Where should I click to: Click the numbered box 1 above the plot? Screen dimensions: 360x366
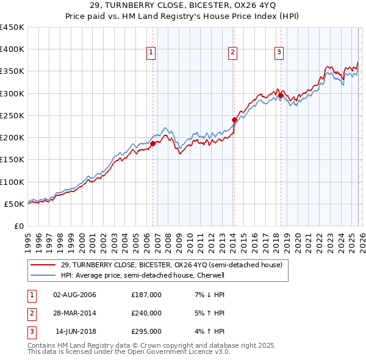click(x=151, y=53)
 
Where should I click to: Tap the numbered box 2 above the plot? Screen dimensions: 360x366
click(x=233, y=53)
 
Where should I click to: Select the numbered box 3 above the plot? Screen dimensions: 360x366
click(x=279, y=53)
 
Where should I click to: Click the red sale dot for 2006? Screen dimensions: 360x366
click(x=152, y=143)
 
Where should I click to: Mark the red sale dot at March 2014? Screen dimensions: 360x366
click(x=234, y=120)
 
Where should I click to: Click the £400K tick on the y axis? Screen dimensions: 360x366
click(x=12, y=49)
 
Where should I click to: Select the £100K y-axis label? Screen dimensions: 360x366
click(x=12, y=182)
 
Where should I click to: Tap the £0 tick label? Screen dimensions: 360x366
click(x=19, y=226)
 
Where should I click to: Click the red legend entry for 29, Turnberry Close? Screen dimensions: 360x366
click(x=171, y=265)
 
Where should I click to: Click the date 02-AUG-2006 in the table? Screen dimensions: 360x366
click(x=74, y=295)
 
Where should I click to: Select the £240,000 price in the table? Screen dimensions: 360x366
click(x=146, y=313)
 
